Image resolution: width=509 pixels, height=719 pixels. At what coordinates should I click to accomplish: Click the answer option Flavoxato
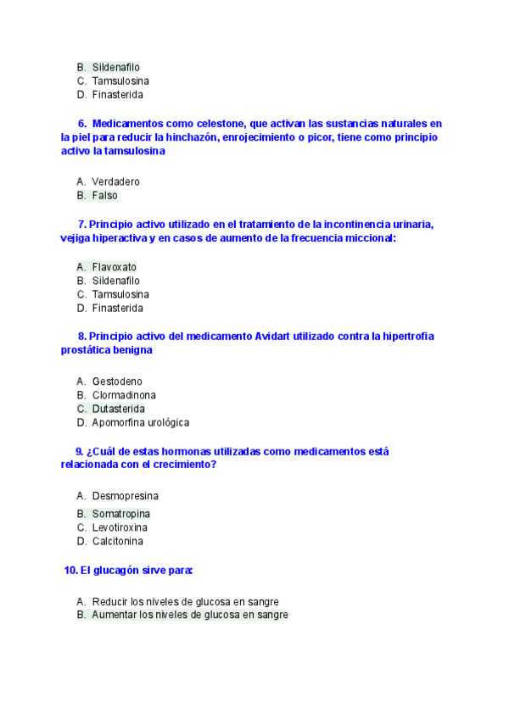pos(114,266)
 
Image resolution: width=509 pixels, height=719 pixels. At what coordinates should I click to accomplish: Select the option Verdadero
pos(115,181)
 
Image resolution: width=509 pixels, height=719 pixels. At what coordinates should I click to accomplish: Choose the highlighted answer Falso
pos(104,195)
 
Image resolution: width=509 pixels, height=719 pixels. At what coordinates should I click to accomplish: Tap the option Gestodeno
pos(117,382)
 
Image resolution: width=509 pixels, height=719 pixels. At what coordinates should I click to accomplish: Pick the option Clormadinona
pos(124,395)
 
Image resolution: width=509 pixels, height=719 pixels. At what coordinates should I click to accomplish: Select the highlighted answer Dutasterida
pos(118,409)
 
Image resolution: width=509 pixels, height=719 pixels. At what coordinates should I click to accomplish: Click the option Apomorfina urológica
pos(140,422)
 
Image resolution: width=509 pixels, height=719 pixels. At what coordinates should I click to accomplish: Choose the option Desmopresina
pos(125,495)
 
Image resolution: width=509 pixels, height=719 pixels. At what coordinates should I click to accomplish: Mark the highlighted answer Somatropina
pos(120,514)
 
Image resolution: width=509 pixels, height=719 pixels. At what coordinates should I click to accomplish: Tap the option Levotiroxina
pos(121,527)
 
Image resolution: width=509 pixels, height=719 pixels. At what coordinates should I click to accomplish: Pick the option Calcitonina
pos(117,541)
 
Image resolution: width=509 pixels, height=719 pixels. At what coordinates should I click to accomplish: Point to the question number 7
pos(81,225)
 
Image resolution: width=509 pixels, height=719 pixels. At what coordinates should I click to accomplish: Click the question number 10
pos(70,570)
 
